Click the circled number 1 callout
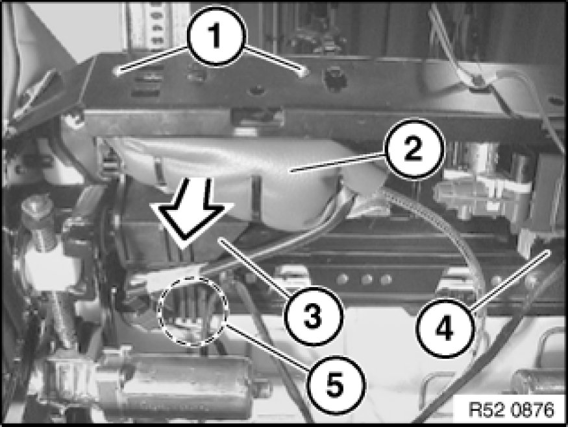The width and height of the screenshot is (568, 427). [217, 36]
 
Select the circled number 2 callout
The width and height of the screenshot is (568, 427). [414, 148]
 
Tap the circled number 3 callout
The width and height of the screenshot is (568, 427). [313, 316]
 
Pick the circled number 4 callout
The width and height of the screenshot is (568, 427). [445, 329]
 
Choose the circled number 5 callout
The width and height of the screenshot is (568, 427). [334, 385]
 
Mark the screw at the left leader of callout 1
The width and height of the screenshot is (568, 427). [118, 71]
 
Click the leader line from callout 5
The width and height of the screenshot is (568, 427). [267, 346]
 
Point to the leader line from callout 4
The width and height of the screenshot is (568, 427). [510, 279]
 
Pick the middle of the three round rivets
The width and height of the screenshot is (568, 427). [367, 279]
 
